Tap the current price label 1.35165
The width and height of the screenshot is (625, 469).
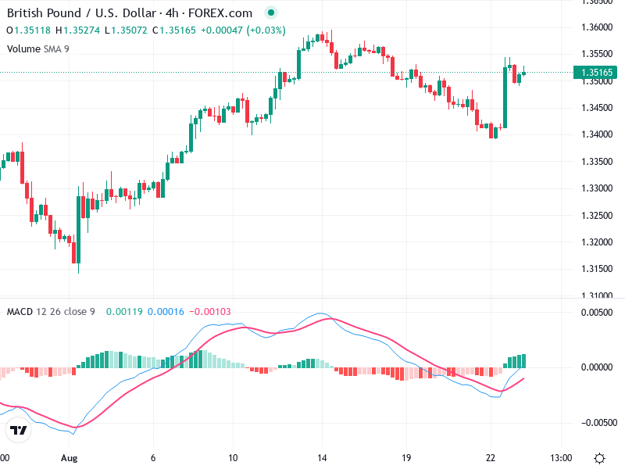tap(596, 73)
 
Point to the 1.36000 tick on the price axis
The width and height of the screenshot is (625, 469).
tap(596, 27)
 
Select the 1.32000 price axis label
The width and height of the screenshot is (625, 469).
tap(596, 242)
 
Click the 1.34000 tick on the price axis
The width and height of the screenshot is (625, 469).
tap(596, 134)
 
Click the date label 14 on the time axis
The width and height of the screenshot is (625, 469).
tap(321, 457)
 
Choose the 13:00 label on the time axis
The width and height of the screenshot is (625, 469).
tap(561, 457)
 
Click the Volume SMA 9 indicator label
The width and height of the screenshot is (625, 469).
tap(37, 48)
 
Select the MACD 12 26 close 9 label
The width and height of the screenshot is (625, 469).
tap(51, 312)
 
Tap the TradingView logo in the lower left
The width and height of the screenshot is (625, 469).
tap(18, 431)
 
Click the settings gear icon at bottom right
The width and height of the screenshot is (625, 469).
tap(599, 457)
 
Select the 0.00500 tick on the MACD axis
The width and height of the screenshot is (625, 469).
tap(596, 313)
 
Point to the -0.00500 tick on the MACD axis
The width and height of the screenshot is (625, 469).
tap(596, 422)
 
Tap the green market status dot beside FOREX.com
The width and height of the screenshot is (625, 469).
tap(270, 13)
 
